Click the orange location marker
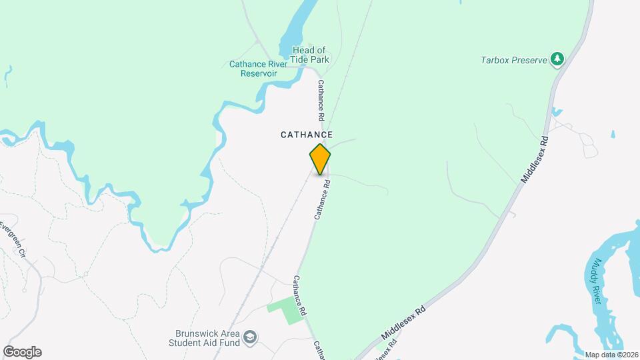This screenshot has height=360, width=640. pyautogui.click(x=320, y=159)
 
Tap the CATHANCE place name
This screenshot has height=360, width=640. pyautogui.click(x=306, y=135)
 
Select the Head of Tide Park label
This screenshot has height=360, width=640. pyautogui.click(x=311, y=55)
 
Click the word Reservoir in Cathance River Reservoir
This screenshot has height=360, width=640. pyautogui.click(x=259, y=73)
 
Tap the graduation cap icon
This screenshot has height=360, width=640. pyautogui.click(x=250, y=337)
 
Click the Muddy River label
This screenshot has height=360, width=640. pyautogui.click(x=599, y=280)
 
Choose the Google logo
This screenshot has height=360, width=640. pyautogui.click(x=22, y=352)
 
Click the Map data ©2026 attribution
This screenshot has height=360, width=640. pyautogui.click(x=610, y=355)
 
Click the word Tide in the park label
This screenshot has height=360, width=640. pyautogui.click(x=305, y=59)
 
